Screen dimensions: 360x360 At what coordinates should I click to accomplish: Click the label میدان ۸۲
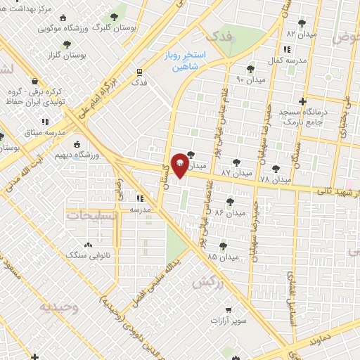tap(302, 33)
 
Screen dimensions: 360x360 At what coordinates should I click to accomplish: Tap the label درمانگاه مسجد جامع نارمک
tap(302, 117)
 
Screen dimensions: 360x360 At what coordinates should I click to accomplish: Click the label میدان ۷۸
tap(275, 180)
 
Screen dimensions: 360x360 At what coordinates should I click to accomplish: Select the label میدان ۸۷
tap(236, 172)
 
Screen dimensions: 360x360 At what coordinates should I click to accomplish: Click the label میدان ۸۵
tap(223, 257)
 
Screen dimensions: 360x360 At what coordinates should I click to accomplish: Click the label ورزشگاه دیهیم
tap(98, 154)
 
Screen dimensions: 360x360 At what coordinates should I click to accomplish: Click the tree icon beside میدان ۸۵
tap(223, 245)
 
